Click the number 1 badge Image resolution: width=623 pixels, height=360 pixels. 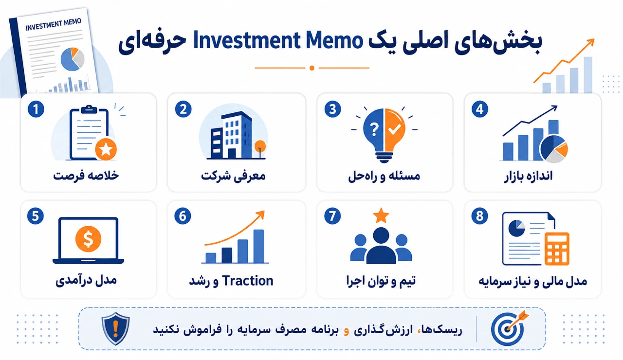coord(36,109)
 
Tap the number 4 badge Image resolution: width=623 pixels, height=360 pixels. coord(480,109)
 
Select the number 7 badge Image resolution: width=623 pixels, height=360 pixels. coord(332,216)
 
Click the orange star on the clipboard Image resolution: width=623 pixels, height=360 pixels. coord(106,149)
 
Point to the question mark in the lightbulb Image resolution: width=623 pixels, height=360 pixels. coord(374,129)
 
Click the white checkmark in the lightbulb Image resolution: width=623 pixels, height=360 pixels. coord(395,129)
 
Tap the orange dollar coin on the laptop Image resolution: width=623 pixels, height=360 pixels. coord(88,239)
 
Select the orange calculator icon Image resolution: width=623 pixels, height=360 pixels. coord(557,249)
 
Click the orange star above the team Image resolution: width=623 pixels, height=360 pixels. coord(381,216)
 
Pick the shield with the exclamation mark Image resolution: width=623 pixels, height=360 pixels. coord(115,328)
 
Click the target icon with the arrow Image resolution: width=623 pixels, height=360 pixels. coord(509,328)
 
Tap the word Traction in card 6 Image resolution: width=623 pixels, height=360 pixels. coord(248,281)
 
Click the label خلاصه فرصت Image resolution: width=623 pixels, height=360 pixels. coord(86,176)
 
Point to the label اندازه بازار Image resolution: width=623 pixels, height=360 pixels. coord(528,176)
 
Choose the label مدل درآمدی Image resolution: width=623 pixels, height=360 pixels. coord(86,280)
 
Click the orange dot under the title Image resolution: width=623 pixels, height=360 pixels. coord(312,68)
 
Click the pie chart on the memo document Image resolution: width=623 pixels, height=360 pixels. coord(73,59)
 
